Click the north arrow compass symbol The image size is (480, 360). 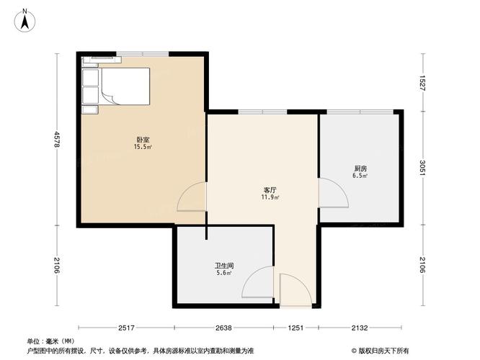[x=25, y=21]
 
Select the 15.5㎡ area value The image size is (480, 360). [x=143, y=147]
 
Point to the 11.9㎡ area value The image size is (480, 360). [x=270, y=197]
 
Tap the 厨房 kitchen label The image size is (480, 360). [x=360, y=168]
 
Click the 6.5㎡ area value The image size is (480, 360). [x=360, y=176]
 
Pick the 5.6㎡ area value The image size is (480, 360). [x=224, y=273]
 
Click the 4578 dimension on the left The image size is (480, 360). [x=57, y=140]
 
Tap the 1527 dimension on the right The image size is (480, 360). [x=423, y=83]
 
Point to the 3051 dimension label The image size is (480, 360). [x=423, y=168]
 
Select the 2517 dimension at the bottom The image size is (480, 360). [x=126, y=328]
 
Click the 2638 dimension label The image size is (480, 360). [x=223, y=328]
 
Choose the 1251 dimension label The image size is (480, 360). [x=295, y=328]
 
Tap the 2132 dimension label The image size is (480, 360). [x=360, y=328]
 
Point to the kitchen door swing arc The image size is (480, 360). [x=339, y=189]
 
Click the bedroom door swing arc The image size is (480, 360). [x=187, y=192]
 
